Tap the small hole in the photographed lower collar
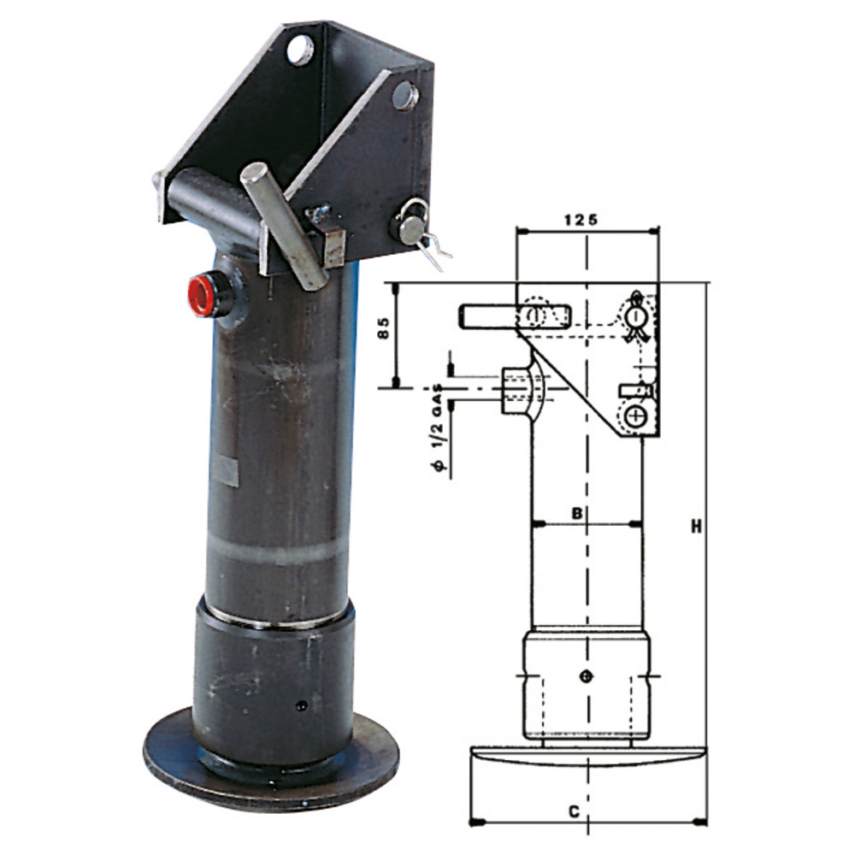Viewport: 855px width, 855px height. coord(300,706)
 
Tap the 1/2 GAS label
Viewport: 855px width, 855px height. coord(436,427)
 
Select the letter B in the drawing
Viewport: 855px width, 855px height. coord(577,514)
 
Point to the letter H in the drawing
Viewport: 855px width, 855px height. coord(697,528)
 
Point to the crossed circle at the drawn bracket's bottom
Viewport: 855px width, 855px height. coord(634,416)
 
